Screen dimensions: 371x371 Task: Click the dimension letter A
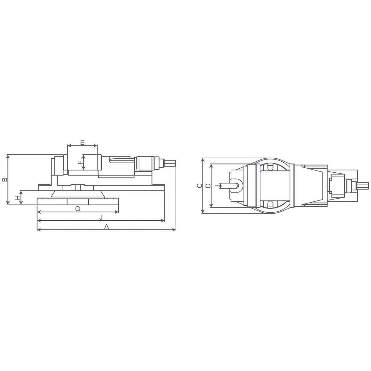(x=106, y=226)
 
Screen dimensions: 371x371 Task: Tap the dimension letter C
(x=199, y=186)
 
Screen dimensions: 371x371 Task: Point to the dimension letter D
(x=208, y=186)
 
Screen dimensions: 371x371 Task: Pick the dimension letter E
(x=82, y=142)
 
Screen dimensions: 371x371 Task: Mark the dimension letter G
(x=78, y=208)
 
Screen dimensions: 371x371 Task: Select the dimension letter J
(x=101, y=217)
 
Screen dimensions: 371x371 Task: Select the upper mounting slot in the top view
(x=270, y=167)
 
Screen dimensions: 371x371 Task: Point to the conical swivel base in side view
(x=78, y=195)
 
